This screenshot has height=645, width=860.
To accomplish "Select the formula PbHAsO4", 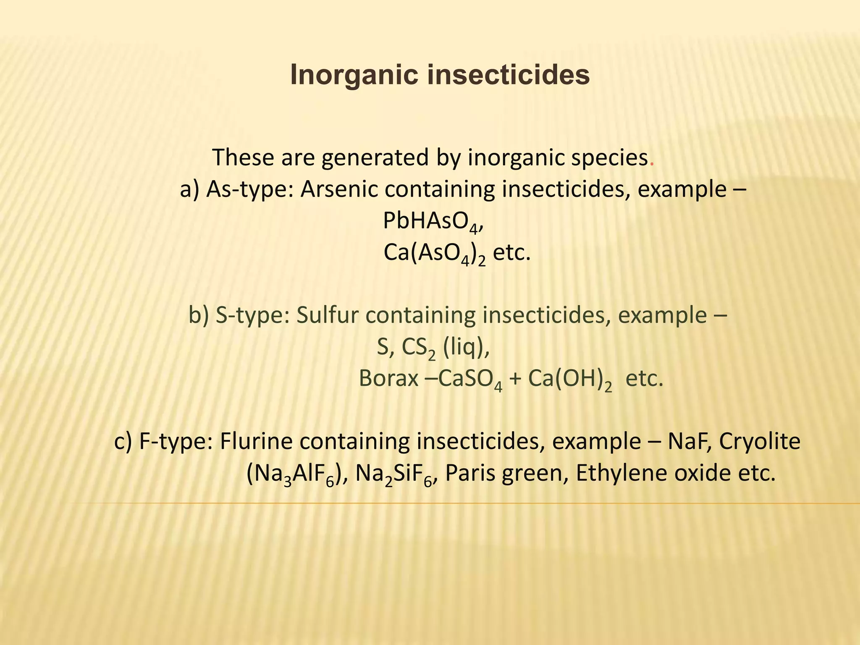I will [x=431, y=222].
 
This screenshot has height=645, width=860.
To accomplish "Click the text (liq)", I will [x=465, y=348].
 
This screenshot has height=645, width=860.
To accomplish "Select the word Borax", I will [x=388, y=379].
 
